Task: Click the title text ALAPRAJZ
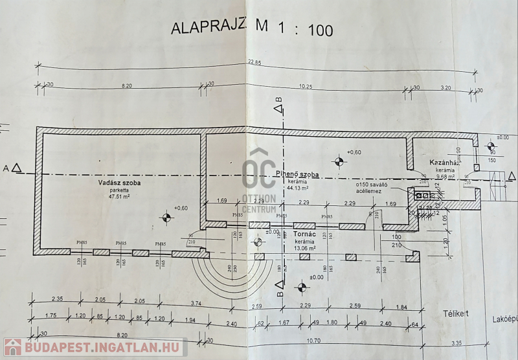tap(207, 27)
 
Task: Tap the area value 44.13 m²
tap(299, 190)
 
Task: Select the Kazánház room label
tap(444, 162)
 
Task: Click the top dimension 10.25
tap(306, 85)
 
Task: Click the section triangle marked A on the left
tap(17, 169)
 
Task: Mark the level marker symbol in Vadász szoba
tap(168, 216)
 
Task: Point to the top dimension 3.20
tap(445, 85)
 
